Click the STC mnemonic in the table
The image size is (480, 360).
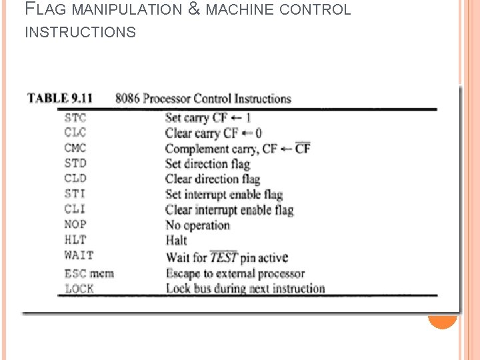coord(75,117)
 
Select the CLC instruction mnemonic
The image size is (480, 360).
coord(75,133)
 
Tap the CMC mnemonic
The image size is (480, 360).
coord(75,148)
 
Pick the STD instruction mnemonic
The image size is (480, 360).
coord(75,163)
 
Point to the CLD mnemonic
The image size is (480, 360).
coord(75,179)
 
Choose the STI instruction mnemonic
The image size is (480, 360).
coord(75,194)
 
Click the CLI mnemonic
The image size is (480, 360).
coord(75,209)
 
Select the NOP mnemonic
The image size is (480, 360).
coord(75,225)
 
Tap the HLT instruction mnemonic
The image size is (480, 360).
coord(75,240)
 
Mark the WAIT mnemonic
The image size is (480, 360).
coord(79,255)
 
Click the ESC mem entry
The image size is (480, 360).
coord(89,273)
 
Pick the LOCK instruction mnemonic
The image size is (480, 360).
coord(79,289)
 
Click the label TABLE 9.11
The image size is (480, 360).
coord(59,99)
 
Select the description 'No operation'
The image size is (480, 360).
coord(197,225)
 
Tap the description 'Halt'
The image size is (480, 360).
coord(176,241)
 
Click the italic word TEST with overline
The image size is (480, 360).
coord(223,257)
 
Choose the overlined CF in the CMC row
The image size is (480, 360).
coord(303,148)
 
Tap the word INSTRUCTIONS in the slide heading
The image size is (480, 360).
coord(80,32)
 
